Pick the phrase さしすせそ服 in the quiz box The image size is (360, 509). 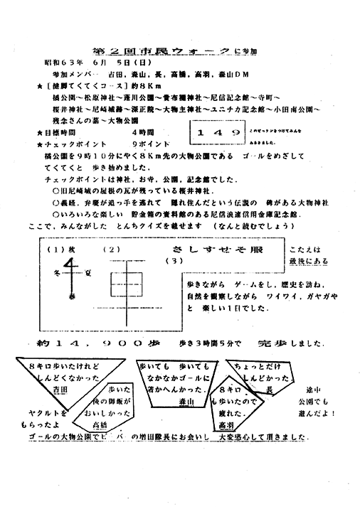(x=213, y=251)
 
